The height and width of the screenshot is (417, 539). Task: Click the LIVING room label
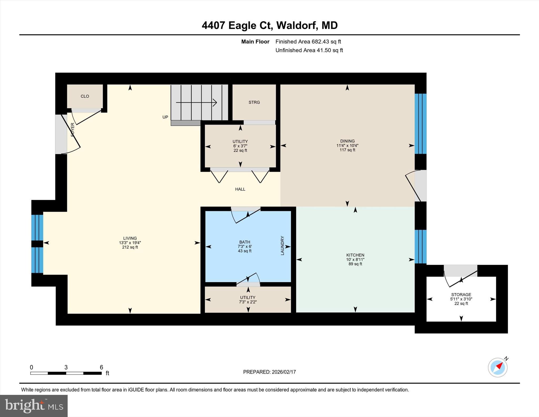tap(130, 238)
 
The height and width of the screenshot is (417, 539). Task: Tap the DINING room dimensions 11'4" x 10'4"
tap(347, 145)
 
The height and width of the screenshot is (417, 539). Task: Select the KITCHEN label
tap(355, 255)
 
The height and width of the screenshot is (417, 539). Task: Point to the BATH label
tap(244, 242)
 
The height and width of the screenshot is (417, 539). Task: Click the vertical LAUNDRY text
tap(282, 246)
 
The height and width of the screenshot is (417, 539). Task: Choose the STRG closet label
tap(254, 102)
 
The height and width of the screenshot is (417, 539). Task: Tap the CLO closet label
tap(85, 96)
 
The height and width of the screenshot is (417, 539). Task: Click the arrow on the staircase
tap(196, 102)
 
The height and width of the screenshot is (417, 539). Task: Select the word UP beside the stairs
tap(165, 117)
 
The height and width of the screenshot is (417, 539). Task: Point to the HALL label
tap(240, 189)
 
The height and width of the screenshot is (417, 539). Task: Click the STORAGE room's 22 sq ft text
tap(461, 303)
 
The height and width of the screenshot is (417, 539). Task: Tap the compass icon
tap(497, 367)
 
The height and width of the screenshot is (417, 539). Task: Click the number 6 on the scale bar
tap(101, 367)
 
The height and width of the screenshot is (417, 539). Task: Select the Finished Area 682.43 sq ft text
tap(308, 42)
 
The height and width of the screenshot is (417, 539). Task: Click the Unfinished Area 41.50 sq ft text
tap(309, 50)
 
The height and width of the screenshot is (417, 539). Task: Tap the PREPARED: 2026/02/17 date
tap(269, 372)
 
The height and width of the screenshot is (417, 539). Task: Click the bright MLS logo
tap(34, 406)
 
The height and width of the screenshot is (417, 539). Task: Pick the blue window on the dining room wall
tap(420, 124)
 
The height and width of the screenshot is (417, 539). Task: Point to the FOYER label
tap(73, 130)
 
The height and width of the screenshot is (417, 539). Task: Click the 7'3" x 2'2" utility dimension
tap(247, 302)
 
